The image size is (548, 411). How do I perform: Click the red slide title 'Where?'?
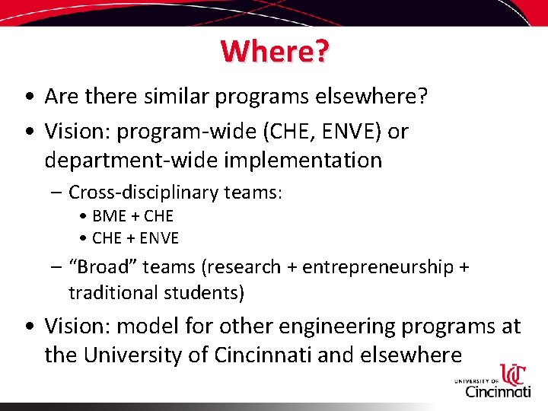pyautogui.click(x=275, y=51)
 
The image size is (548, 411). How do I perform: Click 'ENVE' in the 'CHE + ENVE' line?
pyautogui.click(x=158, y=238)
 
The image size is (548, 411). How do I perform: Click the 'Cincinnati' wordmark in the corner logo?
pyautogui.click(x=498, y=391)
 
